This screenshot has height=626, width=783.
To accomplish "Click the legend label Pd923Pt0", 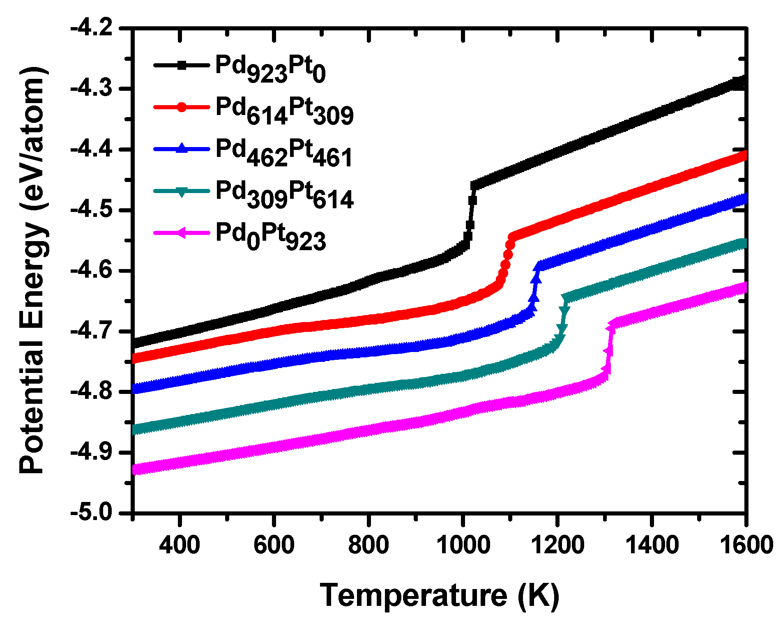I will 270,69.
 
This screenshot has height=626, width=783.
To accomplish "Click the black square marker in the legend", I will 182,65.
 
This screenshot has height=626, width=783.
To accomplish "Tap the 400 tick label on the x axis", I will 180,545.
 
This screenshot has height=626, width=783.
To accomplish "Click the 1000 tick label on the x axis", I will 463,545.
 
